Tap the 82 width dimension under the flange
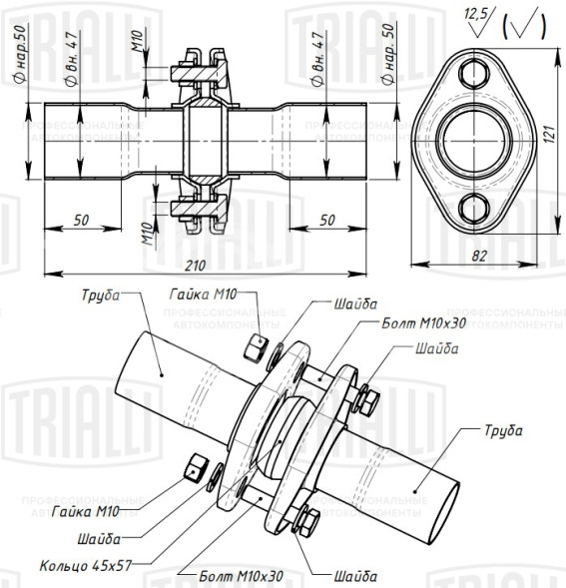pos(480,256)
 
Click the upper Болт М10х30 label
pos(425,323)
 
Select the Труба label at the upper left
pos(99,296)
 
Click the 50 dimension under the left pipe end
pos(82,219)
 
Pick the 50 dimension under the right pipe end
pos(327,219)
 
